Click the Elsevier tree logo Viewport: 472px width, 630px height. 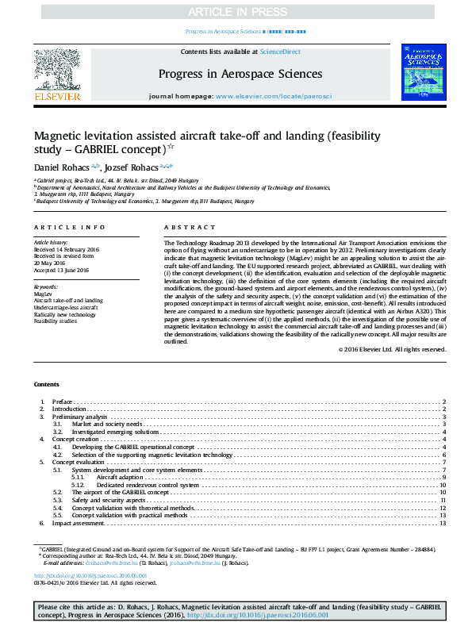coord(56,69)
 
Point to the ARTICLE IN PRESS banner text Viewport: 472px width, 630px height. coord(236,12)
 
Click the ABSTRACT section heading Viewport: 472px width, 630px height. coord(178,227)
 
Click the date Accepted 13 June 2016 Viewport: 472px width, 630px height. coord(61,271)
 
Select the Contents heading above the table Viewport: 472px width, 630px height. coord(46,384)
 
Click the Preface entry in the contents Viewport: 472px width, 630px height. coord(63,402)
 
